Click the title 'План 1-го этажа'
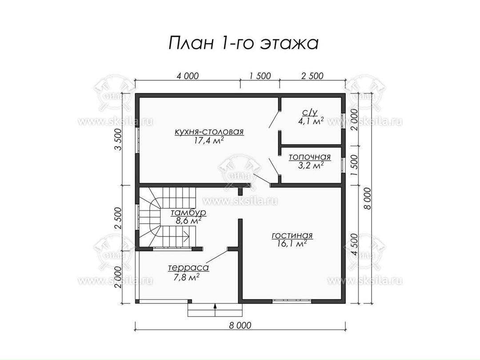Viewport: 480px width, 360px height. click(x=244, y=43)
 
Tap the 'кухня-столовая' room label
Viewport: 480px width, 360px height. click(x=209, y=132)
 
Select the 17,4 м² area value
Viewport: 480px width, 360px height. click(x=209, y=140)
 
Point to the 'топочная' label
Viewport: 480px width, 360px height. click(x=310, y=157)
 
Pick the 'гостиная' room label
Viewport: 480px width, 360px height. click(x=292, y=236)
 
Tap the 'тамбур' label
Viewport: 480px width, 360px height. click(x=188, y=212)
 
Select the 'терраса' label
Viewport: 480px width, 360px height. click(x=188, y=268)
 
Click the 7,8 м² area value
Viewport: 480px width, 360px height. click(x=188, y=277)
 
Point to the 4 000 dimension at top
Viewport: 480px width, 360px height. click(x=188, y=76)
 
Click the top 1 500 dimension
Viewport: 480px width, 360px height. click(x=260, y=76)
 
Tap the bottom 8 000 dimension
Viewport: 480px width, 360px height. click(x=240, y=325)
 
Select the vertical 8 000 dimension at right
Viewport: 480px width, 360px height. click(x=368, y=198)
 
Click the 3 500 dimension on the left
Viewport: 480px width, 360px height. click(x=118, y=140)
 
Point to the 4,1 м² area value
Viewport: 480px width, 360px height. click(x=311, y=121)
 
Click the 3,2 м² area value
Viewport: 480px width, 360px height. click(x=311, y=166)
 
